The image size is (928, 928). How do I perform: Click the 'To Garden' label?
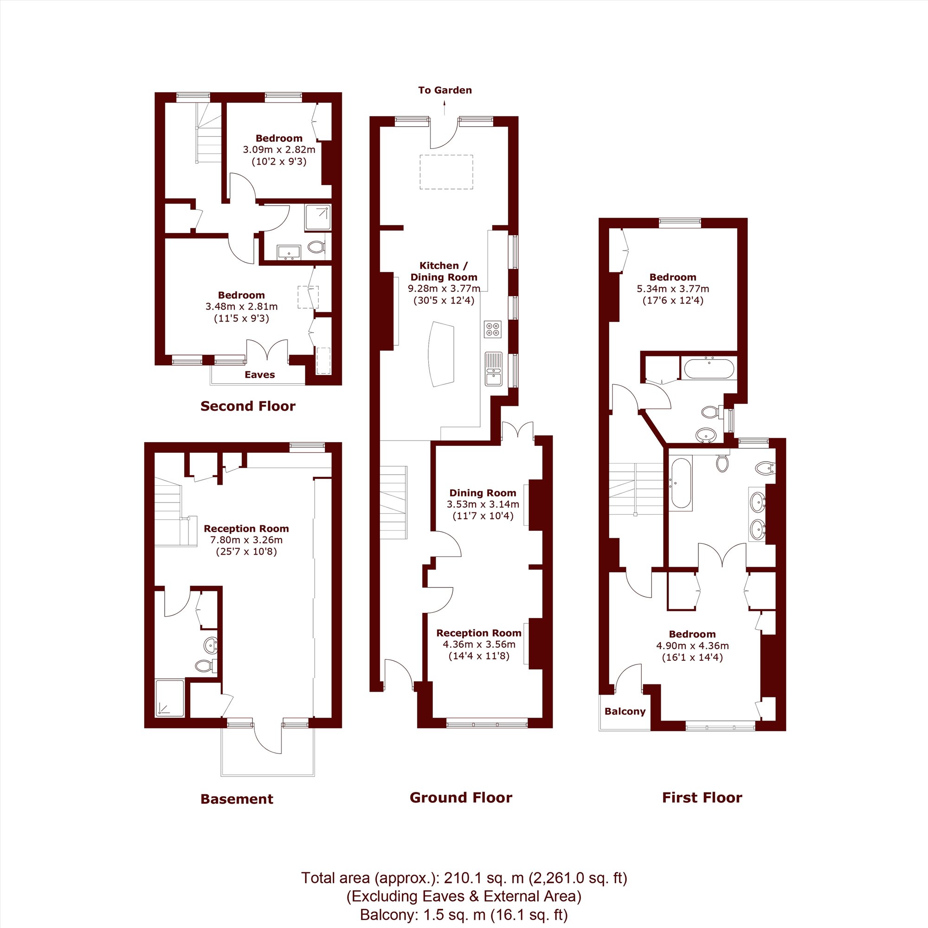pyautogui.click(x=445, y=90)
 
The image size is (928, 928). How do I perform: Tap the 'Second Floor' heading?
pyautogui.click(x=248, y=406)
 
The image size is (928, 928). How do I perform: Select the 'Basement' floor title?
pyautogui.click(x=237, y=799)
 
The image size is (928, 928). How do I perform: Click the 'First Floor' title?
pyautogui.click(x=702, y=798)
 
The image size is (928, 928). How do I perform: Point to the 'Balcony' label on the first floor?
pyautogui.click(x=625, y=711)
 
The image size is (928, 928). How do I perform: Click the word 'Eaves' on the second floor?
pyautogui.click(x=260, y=374)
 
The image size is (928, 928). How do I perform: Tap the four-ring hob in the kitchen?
pyautogui.click(x=493, y=329)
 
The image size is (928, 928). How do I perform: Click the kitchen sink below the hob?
pyautogui.click(x=493, y=369)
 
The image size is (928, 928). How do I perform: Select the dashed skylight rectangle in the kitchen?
pyautogui.click(x=446, y=172)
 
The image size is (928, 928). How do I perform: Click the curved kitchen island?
pyautogui.click(x=441, y=354)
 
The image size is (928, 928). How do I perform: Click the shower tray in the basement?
pyautogui.click(x=169, y=698)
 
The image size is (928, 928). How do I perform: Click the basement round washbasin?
pyautogui.click(x=210, y=645)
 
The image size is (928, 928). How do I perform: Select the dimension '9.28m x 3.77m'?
pyautogui.click(x=444, y=289)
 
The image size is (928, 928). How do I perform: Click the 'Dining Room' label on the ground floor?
pyautogui.click(x=483, y=493)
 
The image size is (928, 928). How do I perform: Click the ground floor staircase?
pyautogui.click(x=393, y=503)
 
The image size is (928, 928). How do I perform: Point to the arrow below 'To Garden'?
pyautogui.click(x=445, y=108)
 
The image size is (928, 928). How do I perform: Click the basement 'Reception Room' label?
pyautogui.click(x=246, y=528)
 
